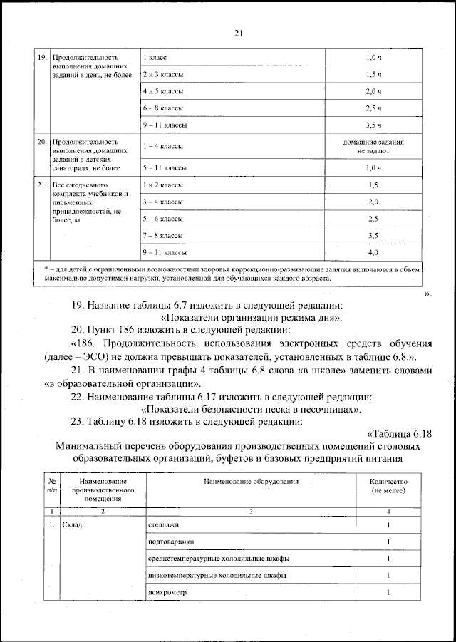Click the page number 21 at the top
coord(238,31)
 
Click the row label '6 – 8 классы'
coord(163,108)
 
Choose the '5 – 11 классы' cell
coord(165,168)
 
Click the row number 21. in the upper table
coord(41,185)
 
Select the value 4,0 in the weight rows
coord(373,252)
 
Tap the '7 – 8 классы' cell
coord(163,235)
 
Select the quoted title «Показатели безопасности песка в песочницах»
coord(251,410)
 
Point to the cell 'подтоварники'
coord(169,542)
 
